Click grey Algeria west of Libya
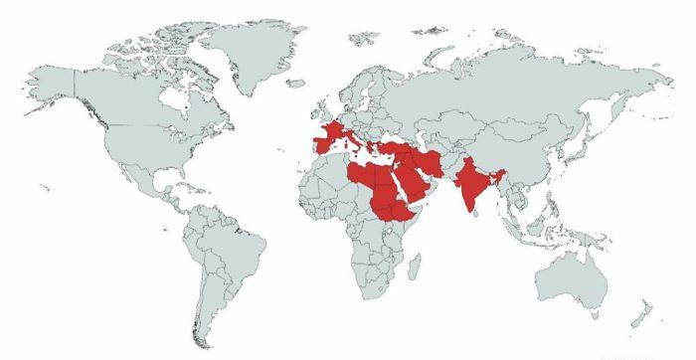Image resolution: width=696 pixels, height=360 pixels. pos(333,174)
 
